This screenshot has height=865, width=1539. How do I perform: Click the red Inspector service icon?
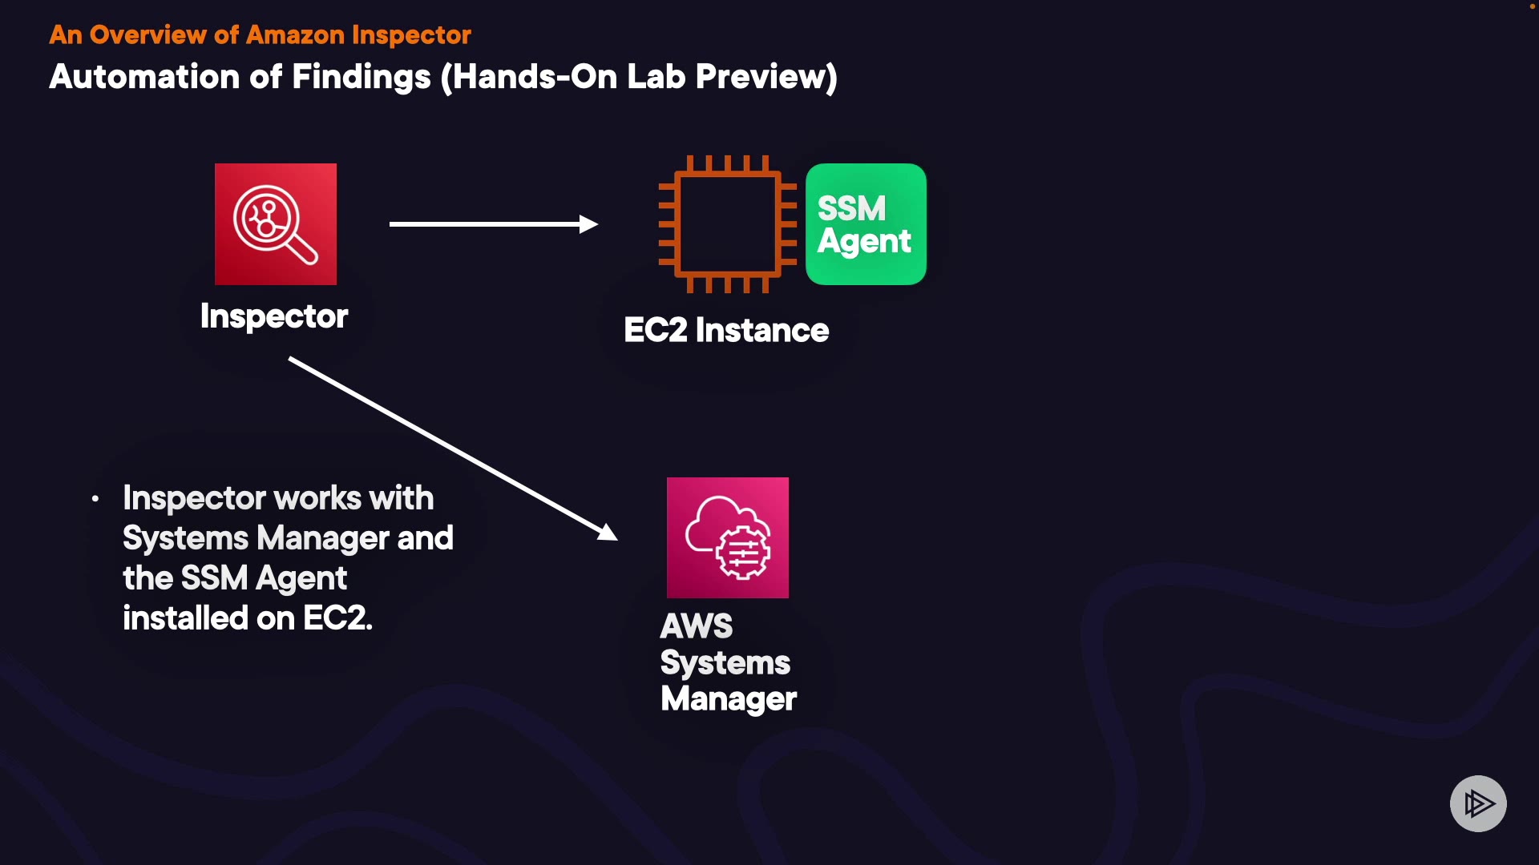point(276,224)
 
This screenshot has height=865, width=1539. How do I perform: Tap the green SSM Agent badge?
point(866,224)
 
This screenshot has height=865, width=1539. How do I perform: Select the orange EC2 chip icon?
point(727,224)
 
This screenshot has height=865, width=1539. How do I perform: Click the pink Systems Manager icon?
point(727,537)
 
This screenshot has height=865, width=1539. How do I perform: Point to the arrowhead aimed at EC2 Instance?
point(589,224)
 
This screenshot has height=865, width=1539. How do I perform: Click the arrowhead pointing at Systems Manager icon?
point(608,533)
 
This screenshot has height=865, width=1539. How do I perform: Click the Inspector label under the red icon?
point(274,316)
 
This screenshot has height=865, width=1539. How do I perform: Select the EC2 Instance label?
point(726,330)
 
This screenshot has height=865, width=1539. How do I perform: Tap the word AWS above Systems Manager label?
point(696,626)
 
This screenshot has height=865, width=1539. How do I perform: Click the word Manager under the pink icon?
point(729,698)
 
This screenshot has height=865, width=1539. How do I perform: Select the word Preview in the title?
point(761,77)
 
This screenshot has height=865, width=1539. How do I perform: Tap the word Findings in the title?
point(362,77)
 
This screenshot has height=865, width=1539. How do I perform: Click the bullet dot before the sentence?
point(95,499)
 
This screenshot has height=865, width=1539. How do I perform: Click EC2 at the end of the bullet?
point(337,618)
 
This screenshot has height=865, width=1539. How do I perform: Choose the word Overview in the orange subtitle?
point(147,35)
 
